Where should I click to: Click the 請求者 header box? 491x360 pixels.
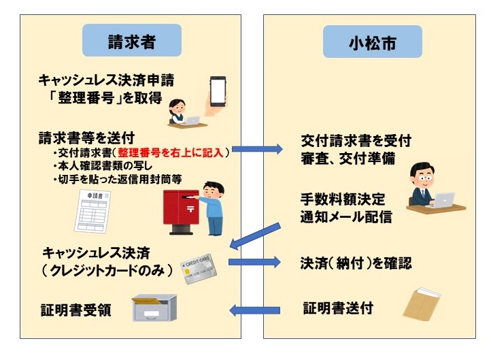tap(132, 41)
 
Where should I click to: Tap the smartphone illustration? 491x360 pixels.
tap(217, 91)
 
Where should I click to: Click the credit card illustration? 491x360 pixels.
tap(199, 270)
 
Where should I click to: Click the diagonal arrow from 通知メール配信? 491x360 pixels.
tap(256, 235)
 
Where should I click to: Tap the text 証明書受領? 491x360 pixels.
tap(75, 312)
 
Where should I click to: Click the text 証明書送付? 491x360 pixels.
tap(337, 309)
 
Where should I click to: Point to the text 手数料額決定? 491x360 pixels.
tap(343, 200)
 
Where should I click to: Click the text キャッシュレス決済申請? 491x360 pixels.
tap(106, 80)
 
